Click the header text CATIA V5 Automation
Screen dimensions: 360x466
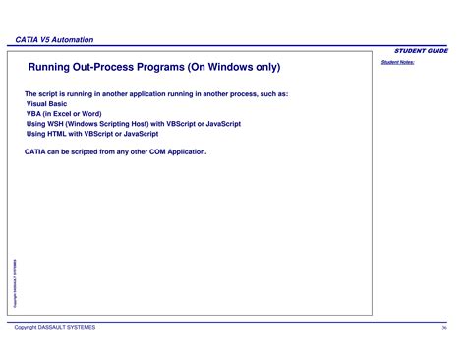pos(55,39)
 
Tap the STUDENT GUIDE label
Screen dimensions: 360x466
pos(422,49)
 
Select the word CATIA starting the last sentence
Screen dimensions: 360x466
pos(36,152)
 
